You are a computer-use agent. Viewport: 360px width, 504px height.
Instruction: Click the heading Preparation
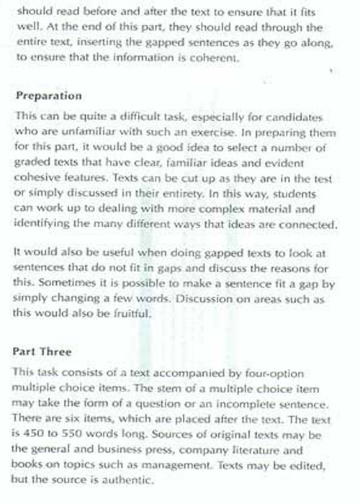[48, 96]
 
